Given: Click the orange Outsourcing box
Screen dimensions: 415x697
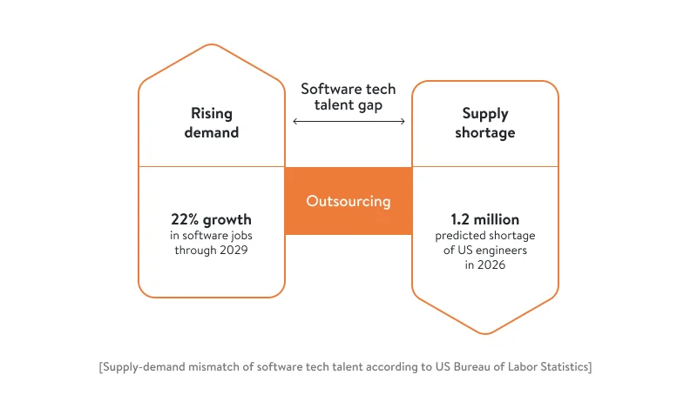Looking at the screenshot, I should click(x=348, y=201).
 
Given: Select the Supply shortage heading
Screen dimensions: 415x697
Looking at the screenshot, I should click(x=485, y=123).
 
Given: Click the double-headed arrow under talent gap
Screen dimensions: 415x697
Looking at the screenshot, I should click(x=348, y=122).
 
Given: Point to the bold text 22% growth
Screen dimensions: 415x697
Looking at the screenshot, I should click(x=211, y=219).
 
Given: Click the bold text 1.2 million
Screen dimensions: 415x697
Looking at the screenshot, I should click(x=485, y=219).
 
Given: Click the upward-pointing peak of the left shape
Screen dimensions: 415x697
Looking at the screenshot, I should click(x=211, y=45).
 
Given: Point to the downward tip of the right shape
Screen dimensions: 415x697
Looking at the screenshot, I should click(x=485, y=332).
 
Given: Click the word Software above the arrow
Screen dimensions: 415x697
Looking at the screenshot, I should click(x=327, y=89).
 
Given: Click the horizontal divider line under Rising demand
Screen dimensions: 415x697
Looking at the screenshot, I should click(x=211, y=166).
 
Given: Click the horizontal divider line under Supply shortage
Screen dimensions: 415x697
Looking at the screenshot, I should click(x=485, y=166).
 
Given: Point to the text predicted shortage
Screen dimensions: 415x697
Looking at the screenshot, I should click(x=485, y=235).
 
